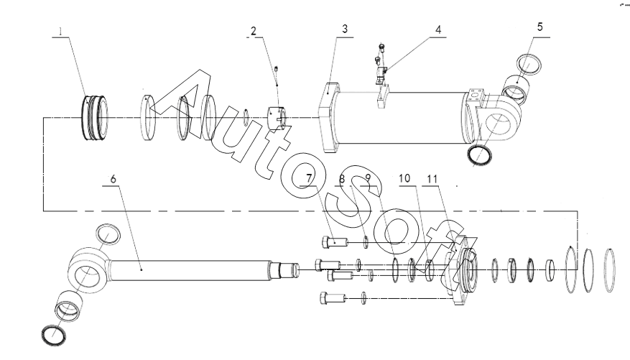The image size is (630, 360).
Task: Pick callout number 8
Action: (x=343, y=177)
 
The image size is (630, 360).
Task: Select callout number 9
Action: (x=367, y=177)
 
